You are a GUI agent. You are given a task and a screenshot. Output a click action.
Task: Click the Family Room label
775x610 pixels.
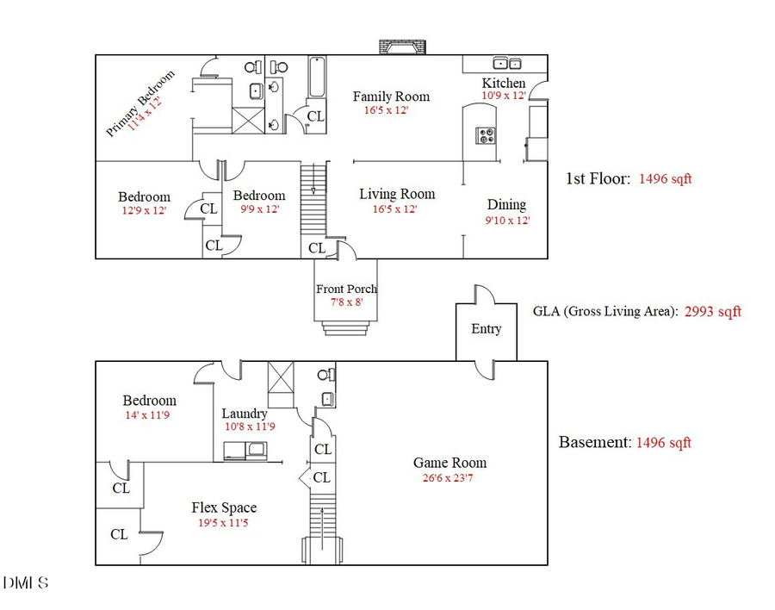click(391, 96)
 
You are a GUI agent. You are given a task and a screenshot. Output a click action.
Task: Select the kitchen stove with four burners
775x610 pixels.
click(486, 134)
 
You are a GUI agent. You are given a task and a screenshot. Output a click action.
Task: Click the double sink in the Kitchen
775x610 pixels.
click(506, 63)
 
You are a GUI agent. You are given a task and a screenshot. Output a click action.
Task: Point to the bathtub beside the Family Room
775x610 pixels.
click(316, 78)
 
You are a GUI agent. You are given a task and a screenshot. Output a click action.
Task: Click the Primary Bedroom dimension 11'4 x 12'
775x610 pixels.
click(146, 113)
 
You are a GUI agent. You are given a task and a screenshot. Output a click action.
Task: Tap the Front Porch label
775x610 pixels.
click(346, 289)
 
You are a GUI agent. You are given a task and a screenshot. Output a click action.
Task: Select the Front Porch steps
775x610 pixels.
click(346, 328)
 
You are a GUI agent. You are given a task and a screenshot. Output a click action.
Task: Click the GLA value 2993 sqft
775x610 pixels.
click(712, 312)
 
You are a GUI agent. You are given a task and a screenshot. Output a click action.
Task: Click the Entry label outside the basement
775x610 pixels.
click(486, 328)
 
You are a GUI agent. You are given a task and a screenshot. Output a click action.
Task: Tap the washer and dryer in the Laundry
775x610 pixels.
click(245, 450)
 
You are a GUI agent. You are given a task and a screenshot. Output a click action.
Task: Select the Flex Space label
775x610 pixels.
click(224, 507)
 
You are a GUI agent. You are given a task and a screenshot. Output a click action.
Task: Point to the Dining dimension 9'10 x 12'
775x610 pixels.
click(506, 220)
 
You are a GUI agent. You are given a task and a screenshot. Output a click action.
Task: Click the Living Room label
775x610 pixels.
click(397, 194)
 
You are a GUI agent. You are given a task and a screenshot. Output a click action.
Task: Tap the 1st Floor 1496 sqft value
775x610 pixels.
click(665, 179)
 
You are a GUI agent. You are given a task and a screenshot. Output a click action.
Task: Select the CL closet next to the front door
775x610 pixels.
click(316, 248)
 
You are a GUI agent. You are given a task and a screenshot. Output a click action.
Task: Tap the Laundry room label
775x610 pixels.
click(246, 413)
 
